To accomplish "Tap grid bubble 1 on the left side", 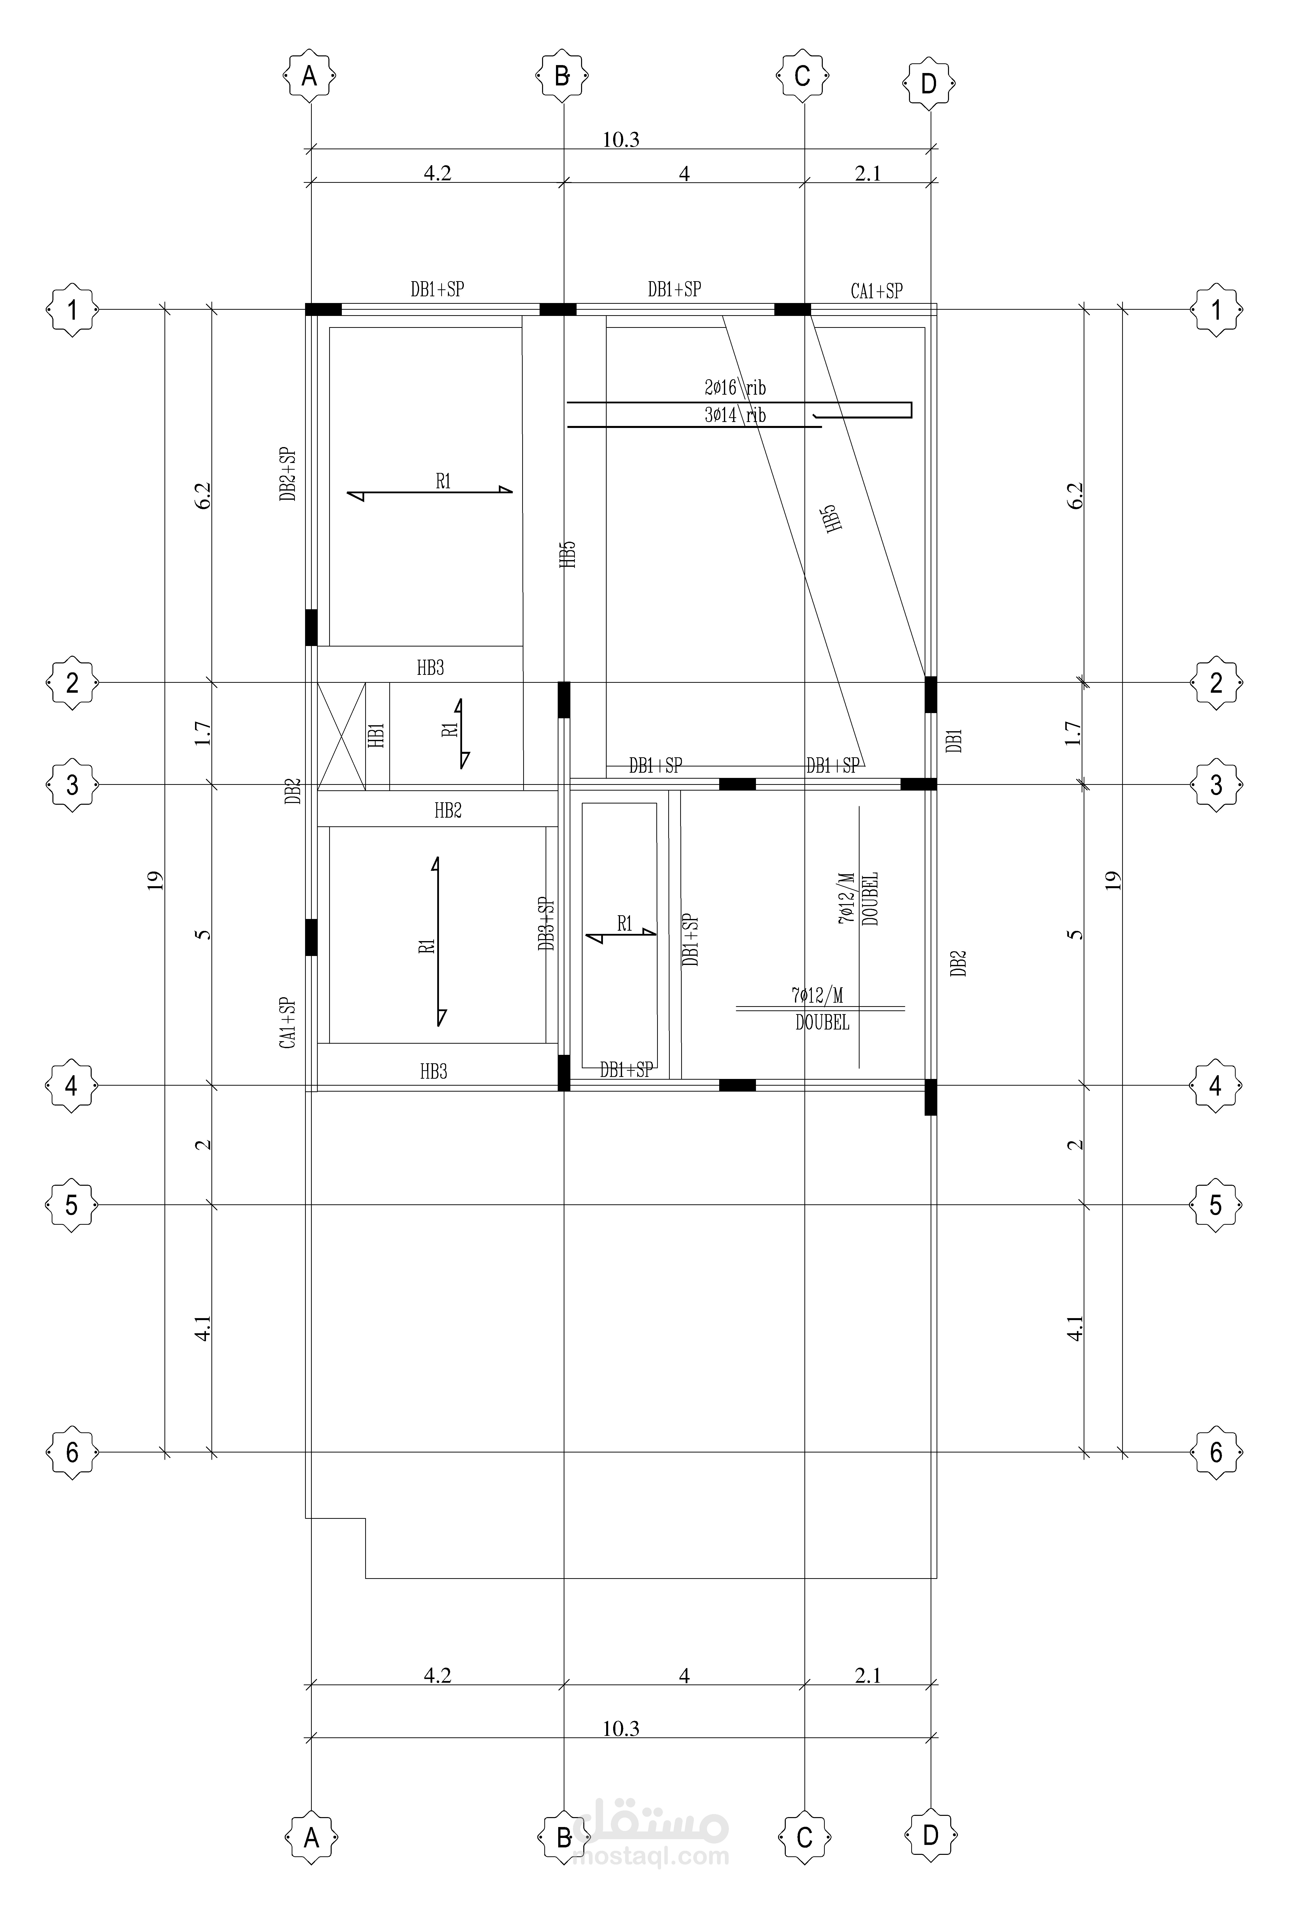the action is (72, 310).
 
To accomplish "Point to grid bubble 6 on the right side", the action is (1216, 1452).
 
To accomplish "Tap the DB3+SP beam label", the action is (547, 924).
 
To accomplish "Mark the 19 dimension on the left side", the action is (156, 880).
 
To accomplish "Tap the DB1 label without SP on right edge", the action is (954, 741).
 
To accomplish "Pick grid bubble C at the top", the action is (803, 76).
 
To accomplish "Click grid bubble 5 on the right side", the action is (1216, 1205).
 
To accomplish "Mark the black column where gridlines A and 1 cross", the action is (323, 309).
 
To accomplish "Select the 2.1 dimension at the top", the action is (868, 173).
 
